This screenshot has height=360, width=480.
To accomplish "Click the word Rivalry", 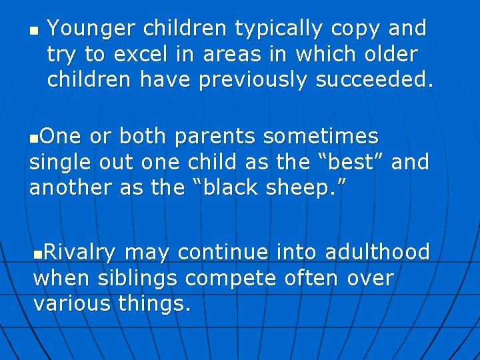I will (x=79, y=252).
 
